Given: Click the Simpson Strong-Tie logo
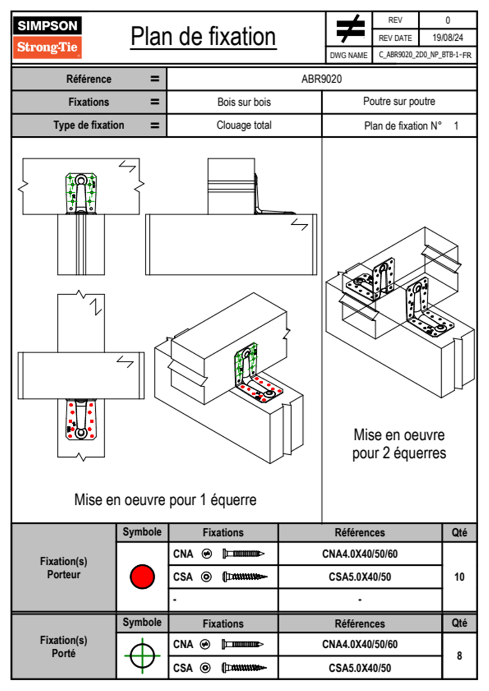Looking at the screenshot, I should click(x=47, y=37).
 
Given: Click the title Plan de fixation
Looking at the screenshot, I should click(x=203, y=37).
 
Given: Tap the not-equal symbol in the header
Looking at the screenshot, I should click(x=350, y=29).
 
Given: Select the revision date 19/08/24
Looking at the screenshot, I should click(x=447, y=38).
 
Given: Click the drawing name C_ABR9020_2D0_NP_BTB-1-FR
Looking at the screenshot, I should click(x=424, y=55).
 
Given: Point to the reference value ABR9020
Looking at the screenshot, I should click(x=321, y=79).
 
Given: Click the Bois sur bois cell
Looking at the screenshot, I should click(x=244, y=102).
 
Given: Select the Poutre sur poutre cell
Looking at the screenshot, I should click(x=399, y=101).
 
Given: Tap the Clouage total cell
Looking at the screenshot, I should click(x=244, y=125).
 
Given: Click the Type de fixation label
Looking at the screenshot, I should click(x=88, y=125).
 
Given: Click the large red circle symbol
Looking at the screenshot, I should click(x=142, y=576).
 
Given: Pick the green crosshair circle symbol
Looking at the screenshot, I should click(x=142, y=656).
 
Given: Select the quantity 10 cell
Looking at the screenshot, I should click(x=459, y=577).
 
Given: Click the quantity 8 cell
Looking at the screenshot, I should click(x=459, y=656).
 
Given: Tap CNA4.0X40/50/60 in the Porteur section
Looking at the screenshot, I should click(x=360, y=554).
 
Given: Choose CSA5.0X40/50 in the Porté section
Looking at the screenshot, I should click(x=360, y=668).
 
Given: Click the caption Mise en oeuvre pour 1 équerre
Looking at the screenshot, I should click(x=165, y=500).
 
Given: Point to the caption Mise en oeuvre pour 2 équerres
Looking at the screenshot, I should click(x=399, y=444).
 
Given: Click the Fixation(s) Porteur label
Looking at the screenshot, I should click(x=64, y=568).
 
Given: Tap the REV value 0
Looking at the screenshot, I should click(x=447, y=20).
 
